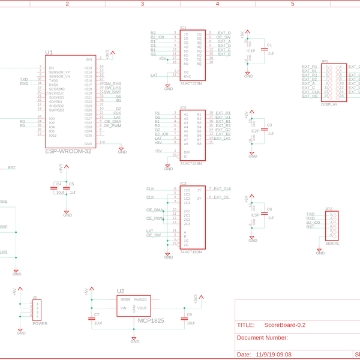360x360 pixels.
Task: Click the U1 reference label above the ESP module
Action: tap(49, 53)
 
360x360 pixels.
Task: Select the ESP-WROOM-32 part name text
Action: tap(69, 151)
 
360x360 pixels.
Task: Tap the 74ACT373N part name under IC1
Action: tap(191, 84)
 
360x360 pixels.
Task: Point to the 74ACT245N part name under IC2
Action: tap(191, 163)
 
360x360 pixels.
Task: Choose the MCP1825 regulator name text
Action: tap(151, 321)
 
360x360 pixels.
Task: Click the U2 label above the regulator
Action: tap(121, 291)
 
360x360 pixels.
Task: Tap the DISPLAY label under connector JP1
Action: tap(329, 104)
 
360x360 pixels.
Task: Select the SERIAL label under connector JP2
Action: tap(332, 244)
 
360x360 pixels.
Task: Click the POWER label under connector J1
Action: tap(40, 323)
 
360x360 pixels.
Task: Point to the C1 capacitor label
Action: tap(269, 45)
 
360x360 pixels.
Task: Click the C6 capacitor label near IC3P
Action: tap(269, 209)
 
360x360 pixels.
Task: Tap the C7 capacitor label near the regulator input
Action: tap(97, 314)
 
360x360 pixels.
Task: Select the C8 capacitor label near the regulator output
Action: tap(190, 314)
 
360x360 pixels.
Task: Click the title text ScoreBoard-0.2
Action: tap(285, 325)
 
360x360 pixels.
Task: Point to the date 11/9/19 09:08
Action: tap(273, 355)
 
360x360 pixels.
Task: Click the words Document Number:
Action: tap(262, 338)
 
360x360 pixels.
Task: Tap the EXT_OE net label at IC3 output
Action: tap(222, 197)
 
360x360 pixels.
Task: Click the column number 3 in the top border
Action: tap(142, 4)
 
